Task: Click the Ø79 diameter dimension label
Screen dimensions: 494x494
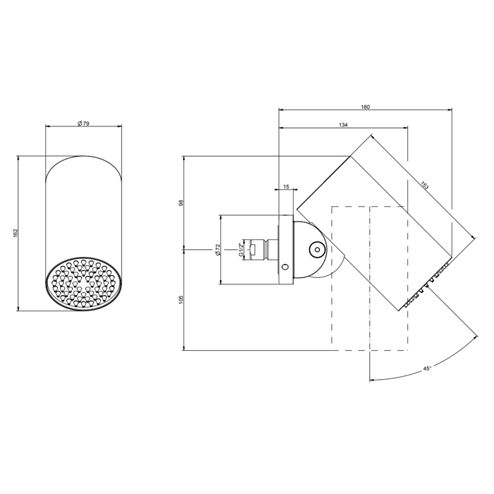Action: pos(83,123)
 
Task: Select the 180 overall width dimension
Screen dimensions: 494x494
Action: pos(365,107)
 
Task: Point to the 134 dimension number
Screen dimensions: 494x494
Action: pos(343,125)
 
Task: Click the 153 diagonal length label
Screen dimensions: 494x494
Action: pos(424,185)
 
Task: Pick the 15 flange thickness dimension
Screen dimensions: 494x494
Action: pos(286,186)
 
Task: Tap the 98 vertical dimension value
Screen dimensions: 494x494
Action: pos(181,203)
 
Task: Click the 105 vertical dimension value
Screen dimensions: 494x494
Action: pos(181,300)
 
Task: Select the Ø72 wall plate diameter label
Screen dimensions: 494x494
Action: pos(217,249)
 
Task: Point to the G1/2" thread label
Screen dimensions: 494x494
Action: pos(241,249)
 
